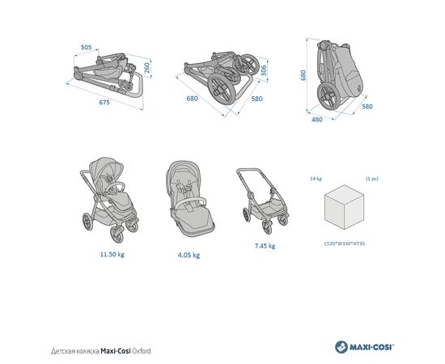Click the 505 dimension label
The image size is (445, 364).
(x=87, y=48)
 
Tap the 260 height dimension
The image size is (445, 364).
(x=147, y=68)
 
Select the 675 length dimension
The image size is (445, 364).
(x=104, y=102)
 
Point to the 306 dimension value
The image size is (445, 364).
(x=264, y=70)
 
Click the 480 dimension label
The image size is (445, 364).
(x=317, y=120)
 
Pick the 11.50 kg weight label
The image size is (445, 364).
(x=112, y=254)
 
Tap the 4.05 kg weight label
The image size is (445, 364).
(x=189, y=255)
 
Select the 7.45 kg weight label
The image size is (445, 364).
(x=265, y=246)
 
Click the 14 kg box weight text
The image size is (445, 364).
(x=316, y=179)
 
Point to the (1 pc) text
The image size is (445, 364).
(x=372, y=179)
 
